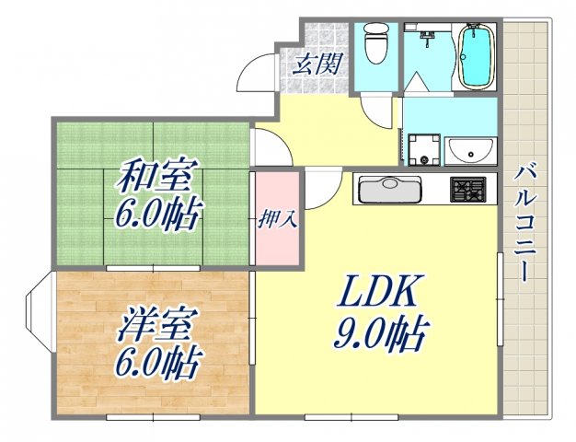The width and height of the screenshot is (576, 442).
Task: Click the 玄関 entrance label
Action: coord(318,64)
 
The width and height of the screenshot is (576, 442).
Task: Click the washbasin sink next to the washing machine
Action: coord(470,149)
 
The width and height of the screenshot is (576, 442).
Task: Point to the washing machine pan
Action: coord(424,150)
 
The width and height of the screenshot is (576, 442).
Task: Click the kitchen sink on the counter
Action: coord(390,191)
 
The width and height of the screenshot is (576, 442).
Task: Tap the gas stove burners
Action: coord(471,191)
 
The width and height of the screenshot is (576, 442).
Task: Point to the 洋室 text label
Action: coord(152,328)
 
